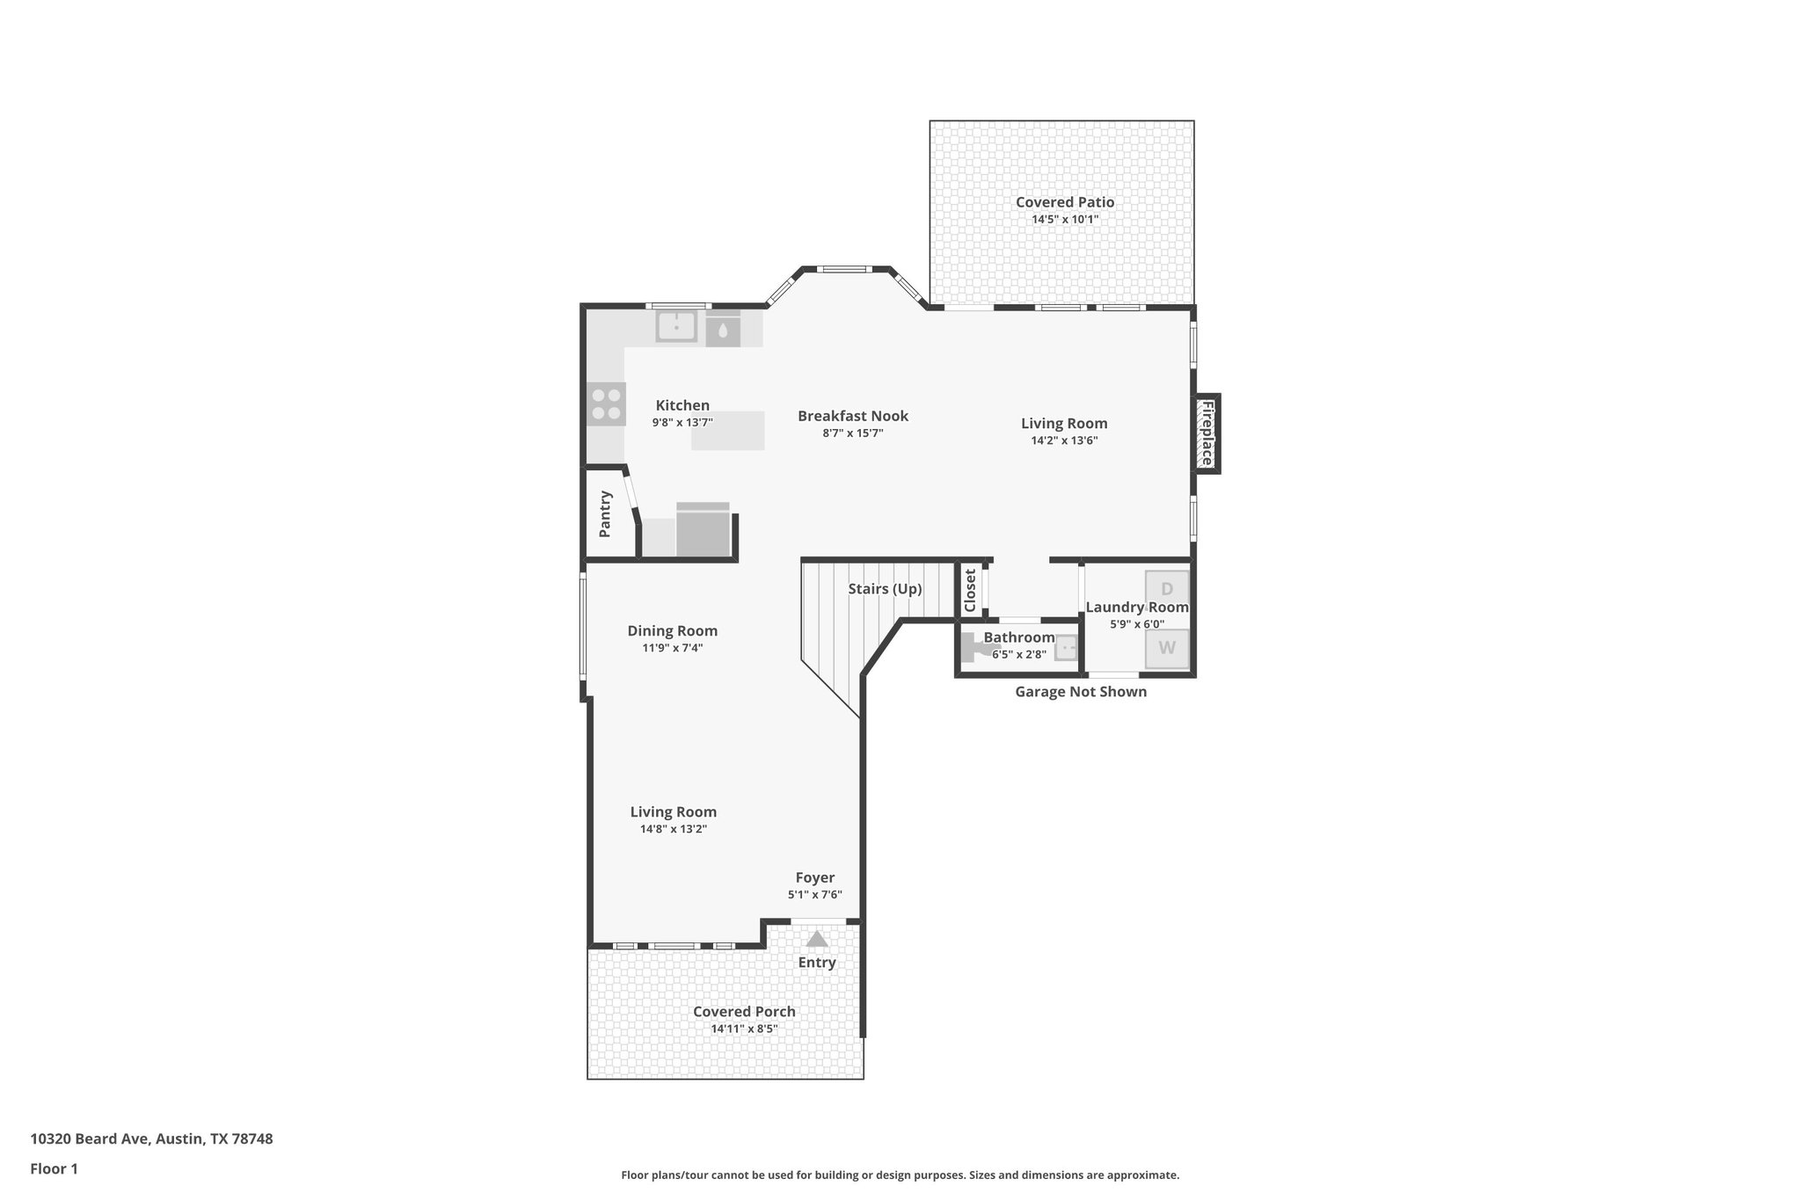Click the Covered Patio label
point(1064,202)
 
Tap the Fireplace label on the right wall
point(1207,433)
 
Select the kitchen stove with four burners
point(606,404)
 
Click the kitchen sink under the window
point(676,327)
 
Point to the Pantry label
point(605,514)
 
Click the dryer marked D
point(1167,589)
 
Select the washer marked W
point(1167,649)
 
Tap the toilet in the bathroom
point(973,648)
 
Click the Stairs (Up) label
point(885,589)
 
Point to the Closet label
point(970,591)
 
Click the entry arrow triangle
point(817,940)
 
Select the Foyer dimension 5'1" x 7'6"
point(814,895)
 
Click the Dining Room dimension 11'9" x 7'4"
point(672,648)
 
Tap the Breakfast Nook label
point(852,416)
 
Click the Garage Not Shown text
point(1080,692)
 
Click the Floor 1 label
point(54,1169)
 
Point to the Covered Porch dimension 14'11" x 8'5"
point(744,1029)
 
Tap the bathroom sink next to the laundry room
point(1066,648)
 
